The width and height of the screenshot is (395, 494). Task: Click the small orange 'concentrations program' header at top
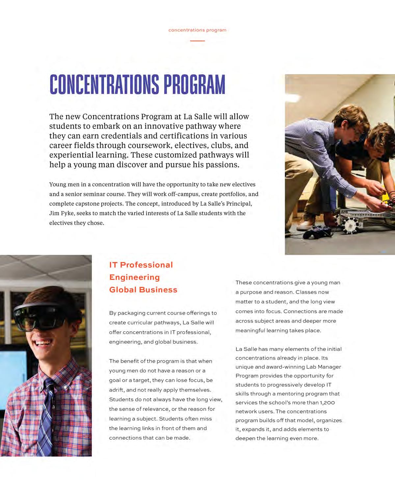tap(197, 30)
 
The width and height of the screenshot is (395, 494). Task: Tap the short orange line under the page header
tap(197, 41)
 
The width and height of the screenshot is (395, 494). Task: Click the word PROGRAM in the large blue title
tap(194, 85)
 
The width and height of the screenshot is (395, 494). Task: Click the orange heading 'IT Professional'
tap(141, 265)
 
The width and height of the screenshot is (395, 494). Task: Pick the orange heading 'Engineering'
tap(134, 277)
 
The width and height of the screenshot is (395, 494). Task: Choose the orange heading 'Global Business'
tap(143, 290)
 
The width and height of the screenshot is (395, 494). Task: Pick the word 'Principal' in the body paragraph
tap(239, 204)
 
